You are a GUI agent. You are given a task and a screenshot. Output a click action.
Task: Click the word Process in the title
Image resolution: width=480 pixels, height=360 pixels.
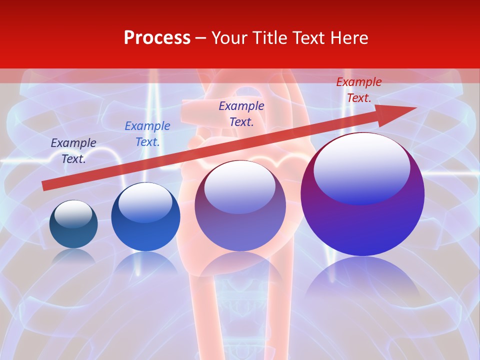click(x=157, y=38)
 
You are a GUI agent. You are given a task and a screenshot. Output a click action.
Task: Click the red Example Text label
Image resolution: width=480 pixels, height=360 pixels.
click(x=358, y=90)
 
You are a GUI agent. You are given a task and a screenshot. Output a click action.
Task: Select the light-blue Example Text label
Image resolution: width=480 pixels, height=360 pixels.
click(x=147, y=134)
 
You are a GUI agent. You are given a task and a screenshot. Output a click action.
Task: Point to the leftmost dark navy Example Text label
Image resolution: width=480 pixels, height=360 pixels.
click(x=73, y=151)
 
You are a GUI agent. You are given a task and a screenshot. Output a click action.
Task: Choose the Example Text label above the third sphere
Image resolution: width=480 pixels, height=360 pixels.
click(x=241, y=113)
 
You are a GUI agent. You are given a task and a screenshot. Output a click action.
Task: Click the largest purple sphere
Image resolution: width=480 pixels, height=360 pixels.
click(x=362, y=220)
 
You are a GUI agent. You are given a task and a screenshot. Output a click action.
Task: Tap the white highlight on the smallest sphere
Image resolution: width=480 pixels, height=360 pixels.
click(x=73, y=214)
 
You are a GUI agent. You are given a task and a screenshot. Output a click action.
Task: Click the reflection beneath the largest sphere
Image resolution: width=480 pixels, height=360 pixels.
click(x=362, y=280)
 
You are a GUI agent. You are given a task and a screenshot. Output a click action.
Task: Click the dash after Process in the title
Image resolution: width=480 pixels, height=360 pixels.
click(x=201, y=38)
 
